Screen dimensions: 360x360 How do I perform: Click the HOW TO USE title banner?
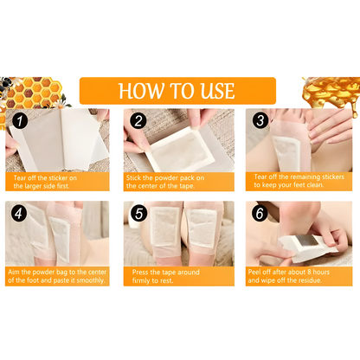[x=178, y=91]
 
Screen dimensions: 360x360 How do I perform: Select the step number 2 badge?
[x=137, y=121]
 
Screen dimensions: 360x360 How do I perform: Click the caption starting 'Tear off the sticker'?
[x=59, y=181]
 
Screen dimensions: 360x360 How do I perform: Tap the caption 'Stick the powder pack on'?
[x=177, y=181]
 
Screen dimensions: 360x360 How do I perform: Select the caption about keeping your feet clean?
[x=298, y=181]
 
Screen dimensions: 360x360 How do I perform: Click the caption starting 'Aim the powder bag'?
[x=59, y=276]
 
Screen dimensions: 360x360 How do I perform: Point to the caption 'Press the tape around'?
[x=177, y=276]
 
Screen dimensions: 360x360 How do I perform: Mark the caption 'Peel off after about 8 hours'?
[x=298, y=276]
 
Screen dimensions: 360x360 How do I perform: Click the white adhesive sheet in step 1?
[x=61, y=138]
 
